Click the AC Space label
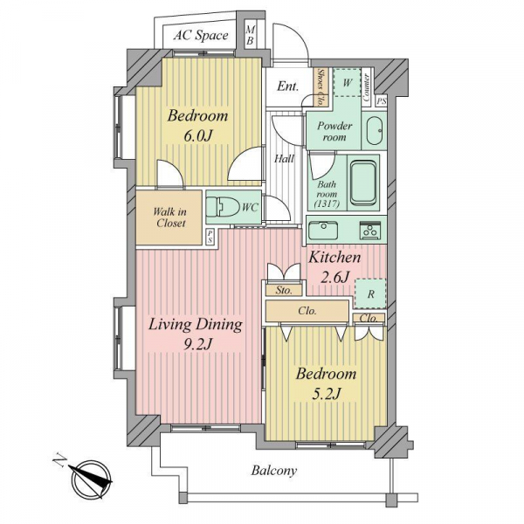(x=201, y=35)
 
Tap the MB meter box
(x=250, y=35)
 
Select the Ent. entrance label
(x=287, y=86)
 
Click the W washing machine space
(x=348, y=83)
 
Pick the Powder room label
(x=334, y=131)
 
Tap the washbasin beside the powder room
(x=374, y=131)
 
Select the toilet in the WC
(x=222, y=207)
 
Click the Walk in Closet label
(x=170, y=217)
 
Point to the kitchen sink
(x=323, y=231)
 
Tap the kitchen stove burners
(x=370, y=231)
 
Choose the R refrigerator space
(x=370, y=293)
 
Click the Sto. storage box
(x=284, y=290)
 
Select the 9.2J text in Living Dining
(x=198, y=344)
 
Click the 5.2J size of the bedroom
(x=326, y=395)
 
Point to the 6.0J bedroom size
(x=198, y=136)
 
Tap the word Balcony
(x=273, y=471)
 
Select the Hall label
(x=285, y=159)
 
